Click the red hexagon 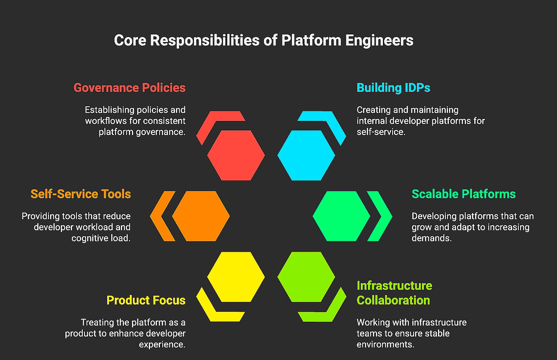(236, 155)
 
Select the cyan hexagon (306, 155)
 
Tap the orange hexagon (201, 216)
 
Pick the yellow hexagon (236, 277)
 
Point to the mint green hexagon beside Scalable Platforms (341, 216)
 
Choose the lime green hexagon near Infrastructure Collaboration (306, 277)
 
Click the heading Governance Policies (129, 88)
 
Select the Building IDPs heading (393, 88)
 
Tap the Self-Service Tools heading (81, 194)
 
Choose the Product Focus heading (146, 300)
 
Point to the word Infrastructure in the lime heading (394, 286)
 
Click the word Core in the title (130, 41)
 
